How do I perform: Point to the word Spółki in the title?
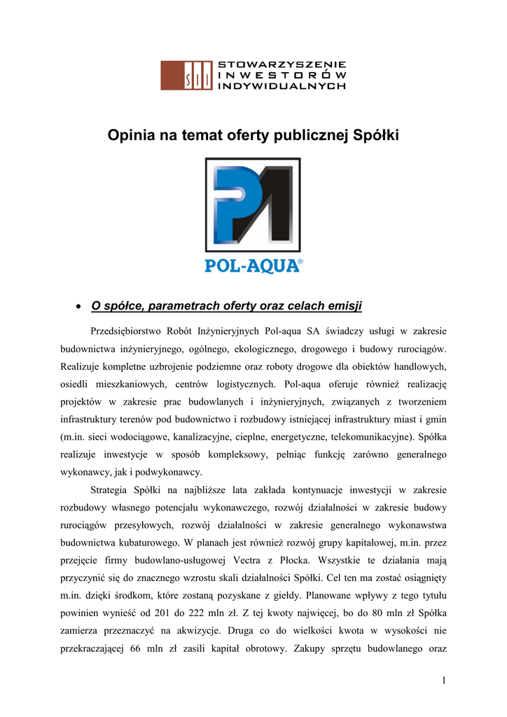pyautogui.click(x=376, y=135)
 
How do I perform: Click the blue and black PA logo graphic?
pyautogui.click(x=253, y=204)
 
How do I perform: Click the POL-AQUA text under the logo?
pyautogui.click(x=250, y=266)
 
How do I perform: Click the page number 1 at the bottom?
pyautogui.click(x=444, y=680)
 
